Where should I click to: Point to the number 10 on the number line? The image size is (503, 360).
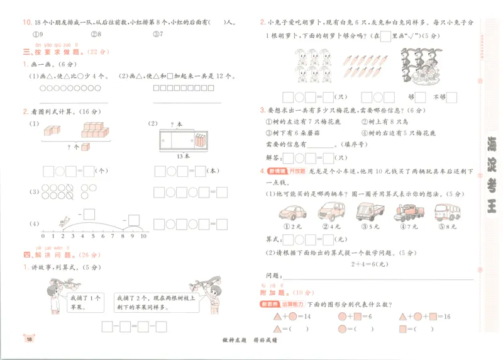(143, 236)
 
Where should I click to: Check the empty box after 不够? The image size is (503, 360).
(451, 97)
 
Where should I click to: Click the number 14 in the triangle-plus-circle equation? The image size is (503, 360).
(307, 317)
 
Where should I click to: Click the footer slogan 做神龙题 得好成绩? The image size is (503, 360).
(251, 340)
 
